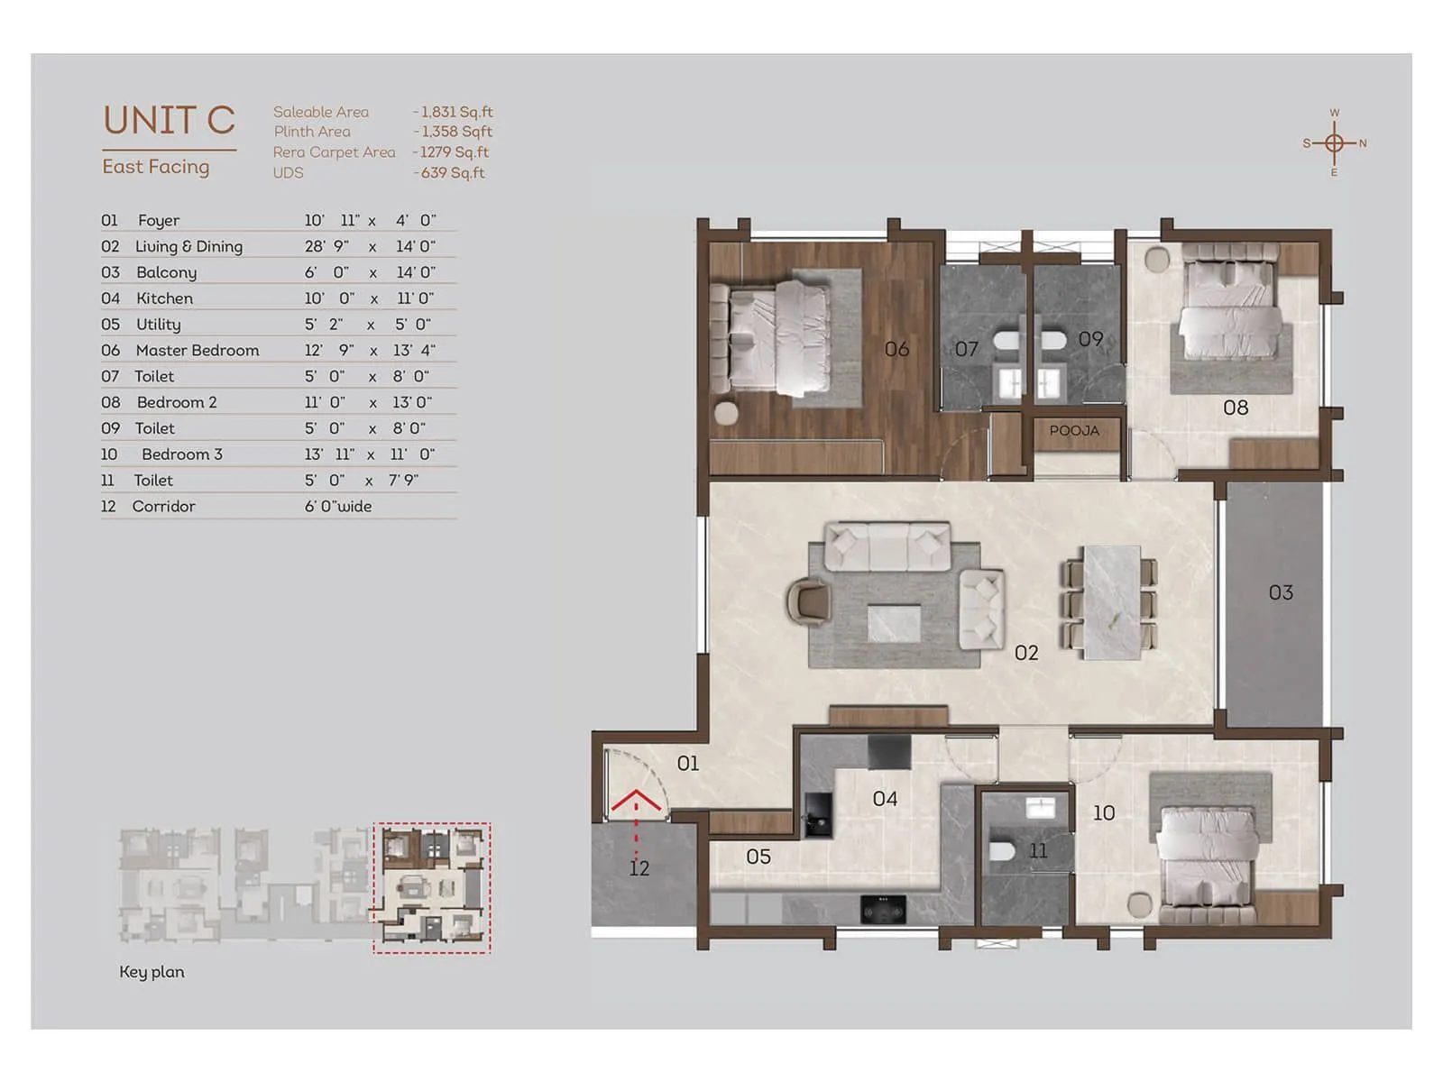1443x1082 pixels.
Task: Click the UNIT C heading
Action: click(x=169, y=120)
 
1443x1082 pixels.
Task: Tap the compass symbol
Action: click(x=1334, y=142)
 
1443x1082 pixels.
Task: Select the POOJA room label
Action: click(x=1074, y=431)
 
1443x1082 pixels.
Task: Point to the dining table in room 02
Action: click(x=1111, y=601)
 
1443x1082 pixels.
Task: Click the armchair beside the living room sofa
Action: click(x=809, y=601)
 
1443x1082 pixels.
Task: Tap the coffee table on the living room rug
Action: click(x=894, y=623)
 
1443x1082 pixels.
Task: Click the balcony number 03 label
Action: click(x=1281, y=592)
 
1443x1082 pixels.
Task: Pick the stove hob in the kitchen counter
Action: click(x=883, y=909)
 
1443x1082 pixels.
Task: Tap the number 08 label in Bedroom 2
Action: click(x=1236, y=408)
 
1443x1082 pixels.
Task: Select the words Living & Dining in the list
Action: click(x=188, y=246)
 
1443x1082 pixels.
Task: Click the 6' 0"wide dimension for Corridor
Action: click(x=337, y=507)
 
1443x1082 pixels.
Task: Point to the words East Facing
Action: click(x=156, y=167)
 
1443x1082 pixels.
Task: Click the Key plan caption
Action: click(x=152, y=972)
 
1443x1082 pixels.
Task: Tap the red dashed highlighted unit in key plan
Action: click(x=432, y=888)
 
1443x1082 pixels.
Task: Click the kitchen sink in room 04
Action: click(x=818, y=816)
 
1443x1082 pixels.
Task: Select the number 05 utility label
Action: click(x=758, y=857)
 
